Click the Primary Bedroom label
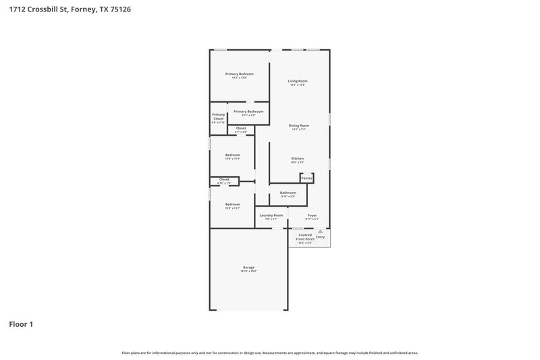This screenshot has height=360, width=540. pos(240,74)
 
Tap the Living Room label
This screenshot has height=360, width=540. pos(298,81)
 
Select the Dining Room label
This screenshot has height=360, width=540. pos(298,125)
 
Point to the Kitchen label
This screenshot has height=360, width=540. pos(298,159)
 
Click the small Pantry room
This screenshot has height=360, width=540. pos(306,178)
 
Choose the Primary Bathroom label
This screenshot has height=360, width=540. pos(248,111)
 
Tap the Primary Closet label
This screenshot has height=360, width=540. pos(218,117)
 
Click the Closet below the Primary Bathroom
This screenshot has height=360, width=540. pos(241,128)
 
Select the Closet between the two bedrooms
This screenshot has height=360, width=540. pos(223,180)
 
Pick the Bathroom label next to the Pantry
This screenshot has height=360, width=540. pos(288,192)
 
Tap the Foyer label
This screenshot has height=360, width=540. pos(312,215)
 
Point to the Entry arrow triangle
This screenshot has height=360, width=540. pos(321,231)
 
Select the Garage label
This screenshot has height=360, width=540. pos(248,267)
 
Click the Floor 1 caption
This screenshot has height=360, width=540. pos(21,324)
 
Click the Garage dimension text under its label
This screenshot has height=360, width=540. pos(248,271)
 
